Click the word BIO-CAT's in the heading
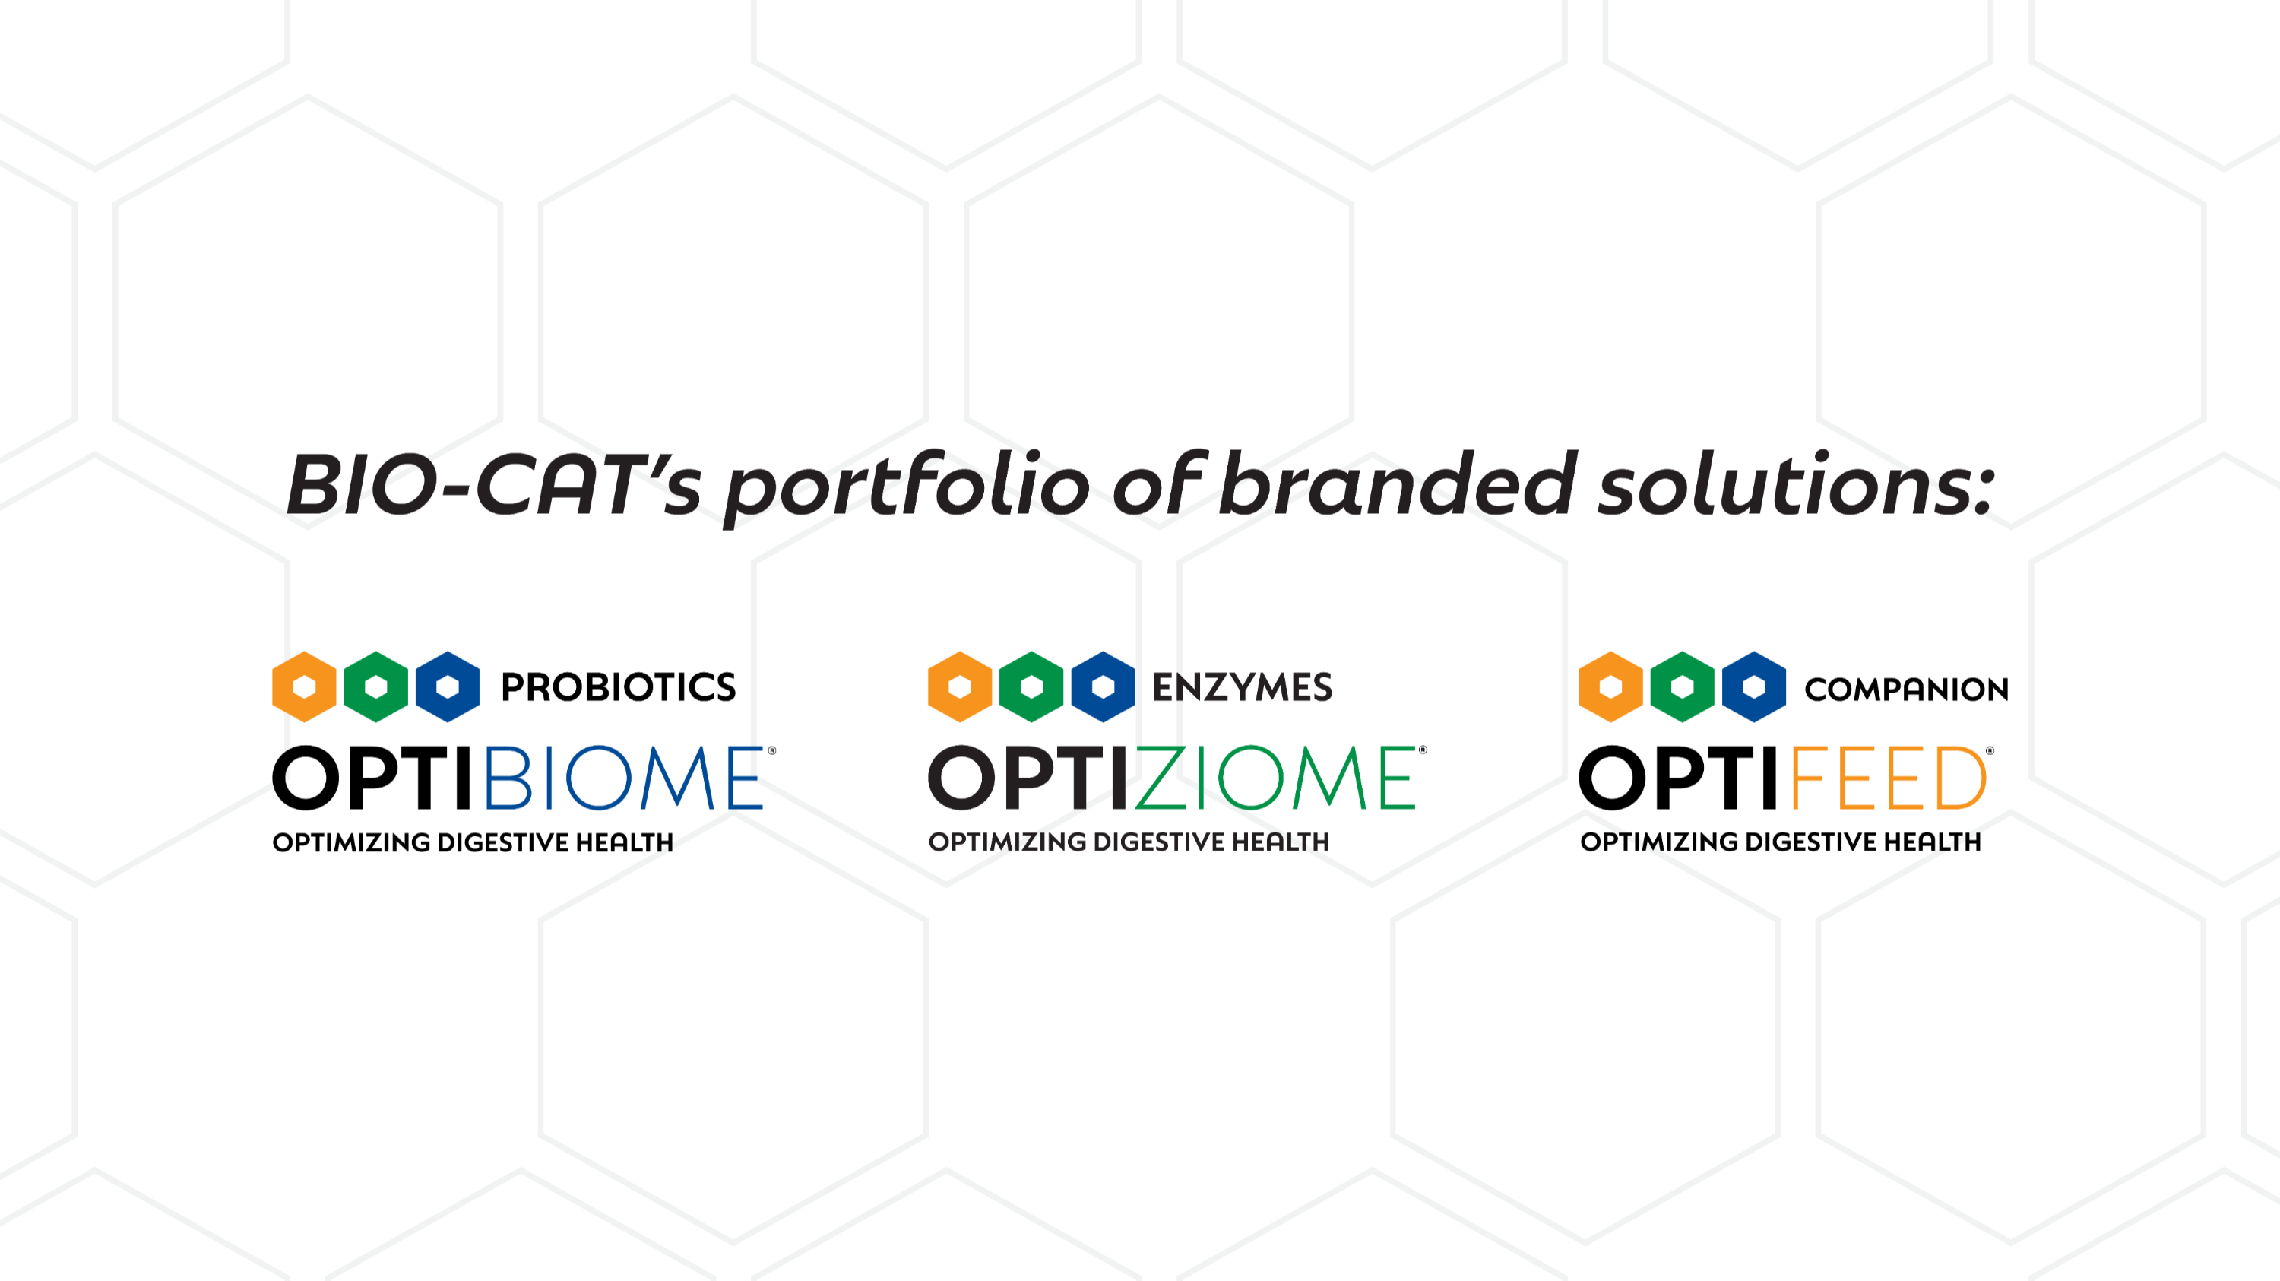pyautogui.click(x=494, y=485)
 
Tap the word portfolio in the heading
pyautogui.click(x=907, y=487)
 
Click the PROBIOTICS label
pyautogui.click(x=618, y=687)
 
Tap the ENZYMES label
pyautogui.click(x=1242, y=687)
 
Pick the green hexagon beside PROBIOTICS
pyautogui.click(x=376, y=687)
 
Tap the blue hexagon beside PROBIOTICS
pyautogui.click(x=448, y=687)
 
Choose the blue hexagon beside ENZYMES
pyautogui.click(x=1104, y=687)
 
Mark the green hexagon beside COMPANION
pyautogui.click(x=1683, y=687)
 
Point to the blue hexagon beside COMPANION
pyautogui.click(x=1754, y=687)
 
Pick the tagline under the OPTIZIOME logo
pyautogui.click(x=1129, y=841)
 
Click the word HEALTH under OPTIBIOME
pyautogui.click(x=624, y=842)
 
